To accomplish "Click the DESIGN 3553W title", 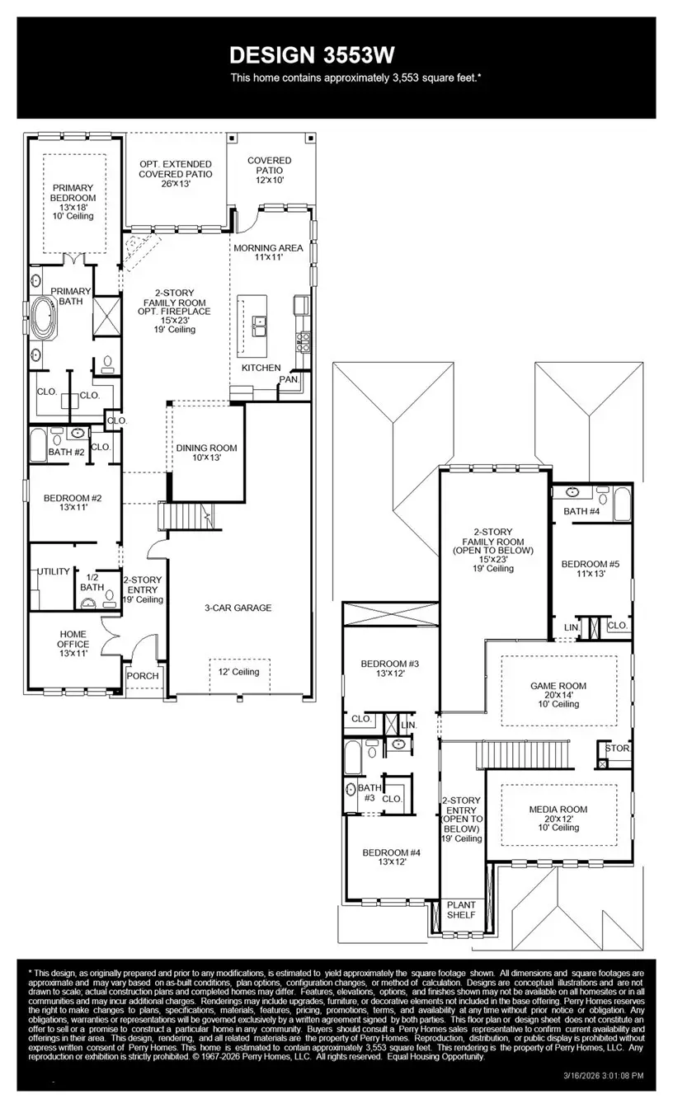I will click(x=312, y=54).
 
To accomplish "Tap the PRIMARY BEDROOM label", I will click(x=74, y=193).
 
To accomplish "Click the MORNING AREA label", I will click(x=268, y=248).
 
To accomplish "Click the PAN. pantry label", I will click(x=288, y=380).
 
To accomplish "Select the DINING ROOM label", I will click(x=206, y=448).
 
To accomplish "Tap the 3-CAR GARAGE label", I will click(x=238, y=608).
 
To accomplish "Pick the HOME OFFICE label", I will click(x=73, y=639).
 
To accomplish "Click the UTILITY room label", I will click(x=54, y=571).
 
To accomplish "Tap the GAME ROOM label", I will click(x=558, y=686).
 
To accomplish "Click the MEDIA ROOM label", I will click(x=558, y=810).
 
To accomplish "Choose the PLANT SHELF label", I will click(x=461, y=909).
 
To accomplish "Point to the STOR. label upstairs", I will click(x=617, y=749).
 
